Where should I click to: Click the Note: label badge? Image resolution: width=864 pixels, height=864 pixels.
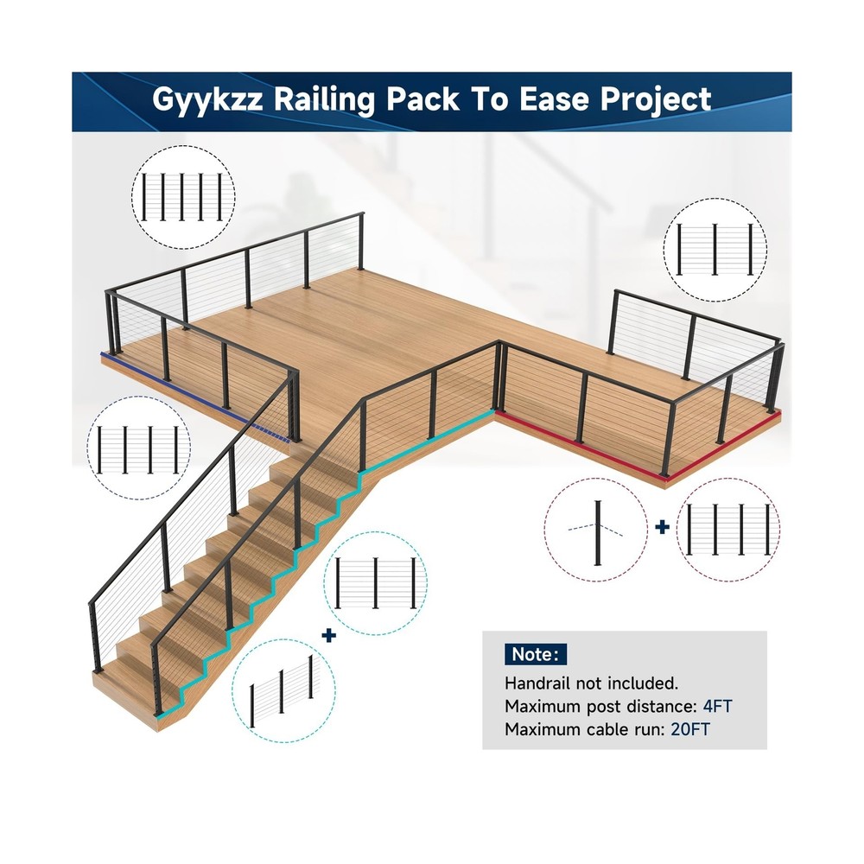coord(536,653)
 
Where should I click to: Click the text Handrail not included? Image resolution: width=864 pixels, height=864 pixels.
coord(592,683)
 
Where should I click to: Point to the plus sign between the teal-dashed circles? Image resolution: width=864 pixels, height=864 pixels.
coord(328,635)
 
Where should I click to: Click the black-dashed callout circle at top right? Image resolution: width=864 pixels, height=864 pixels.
coord(714,249)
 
